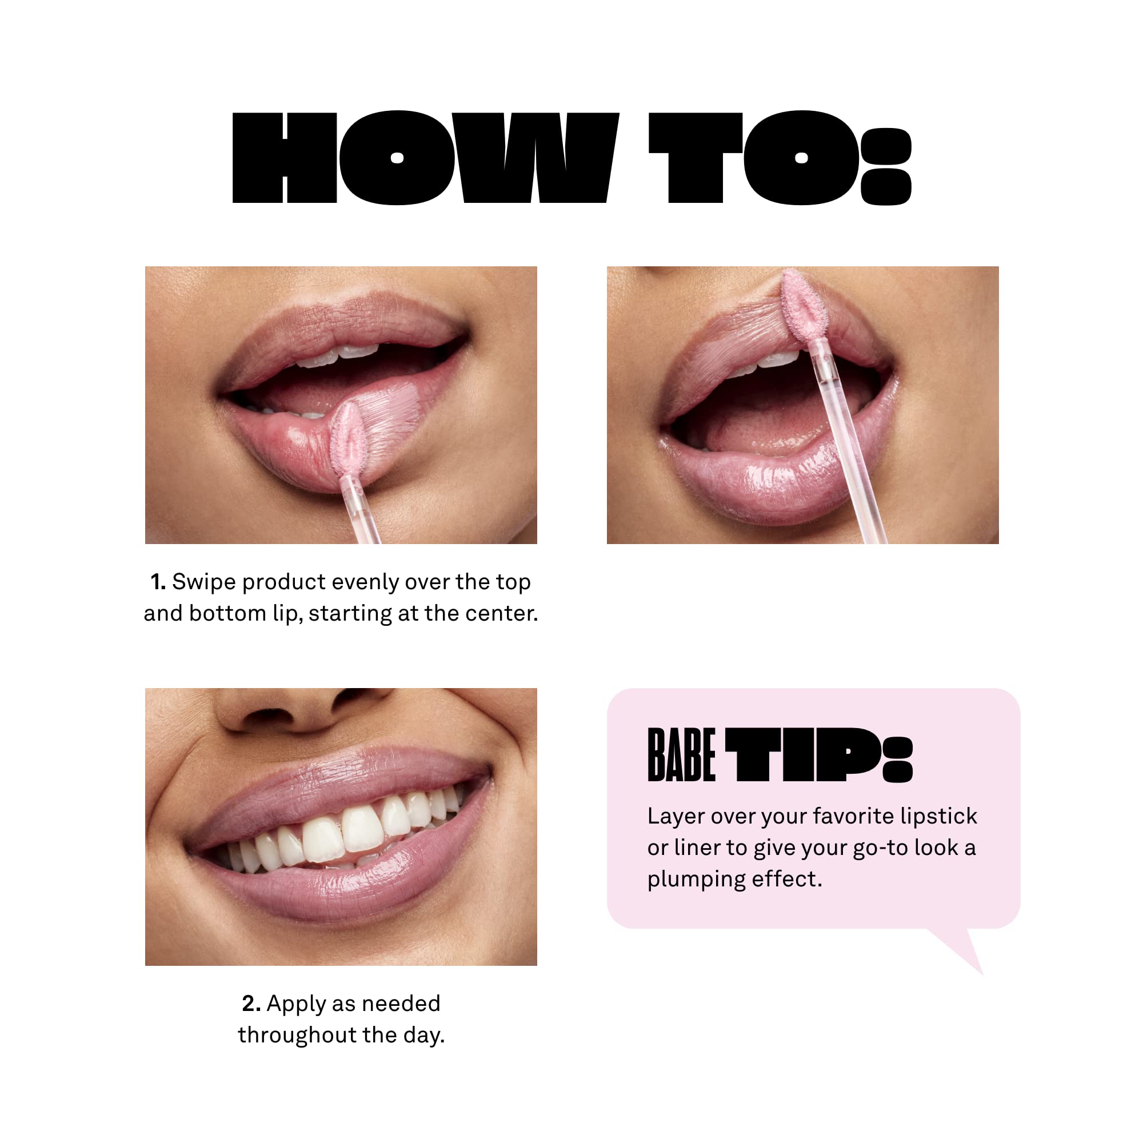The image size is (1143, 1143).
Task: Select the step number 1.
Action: point(157,582)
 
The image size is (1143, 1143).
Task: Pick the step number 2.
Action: point(251,1004)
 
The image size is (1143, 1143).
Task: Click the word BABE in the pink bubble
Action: point(682,755)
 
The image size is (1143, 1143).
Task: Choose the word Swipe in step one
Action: point(204,582)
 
